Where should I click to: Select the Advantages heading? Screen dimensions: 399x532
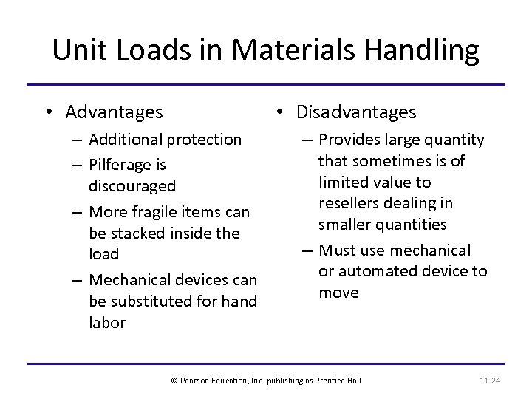tap(114, 112)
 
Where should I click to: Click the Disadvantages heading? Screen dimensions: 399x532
tap(356, 112)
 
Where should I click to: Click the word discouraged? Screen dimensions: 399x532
tap(132, 185)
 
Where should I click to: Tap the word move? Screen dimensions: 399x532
tap(338, 292)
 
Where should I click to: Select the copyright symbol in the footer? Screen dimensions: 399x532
tap(174, 381)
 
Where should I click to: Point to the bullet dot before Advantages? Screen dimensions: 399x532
tap(47, 113)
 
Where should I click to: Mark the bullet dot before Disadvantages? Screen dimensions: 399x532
tap(279, 113)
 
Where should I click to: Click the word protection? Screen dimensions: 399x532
tap(206, 139)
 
